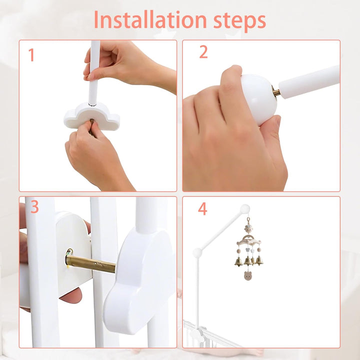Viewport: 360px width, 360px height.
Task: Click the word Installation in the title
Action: [x=150, y=19]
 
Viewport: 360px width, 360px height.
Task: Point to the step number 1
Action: [x=31, y=55]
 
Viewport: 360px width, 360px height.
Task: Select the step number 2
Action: [x=203, y=52]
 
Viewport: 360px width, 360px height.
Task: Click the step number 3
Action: [x=34, y=206]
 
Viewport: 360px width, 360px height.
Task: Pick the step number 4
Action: [x=202, y=208]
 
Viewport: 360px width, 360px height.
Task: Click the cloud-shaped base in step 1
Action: [x=92, y=116]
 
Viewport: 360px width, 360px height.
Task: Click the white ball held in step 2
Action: [x=259, y=99]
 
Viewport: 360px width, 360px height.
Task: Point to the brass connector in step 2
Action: [x=276, y=91]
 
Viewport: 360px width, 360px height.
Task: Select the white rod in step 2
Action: [x=309, y=81]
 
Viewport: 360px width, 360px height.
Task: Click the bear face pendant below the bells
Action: [x=247, y=275]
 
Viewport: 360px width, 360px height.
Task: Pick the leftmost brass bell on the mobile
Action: [x=238, y=261]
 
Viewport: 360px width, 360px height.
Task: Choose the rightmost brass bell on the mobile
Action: [x=259, y=261]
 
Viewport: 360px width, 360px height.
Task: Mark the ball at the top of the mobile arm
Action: [x=244, y=209]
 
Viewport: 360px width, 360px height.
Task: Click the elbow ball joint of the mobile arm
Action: [x=197, y=253]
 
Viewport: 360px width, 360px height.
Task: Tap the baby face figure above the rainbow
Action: [x=248, y=228]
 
